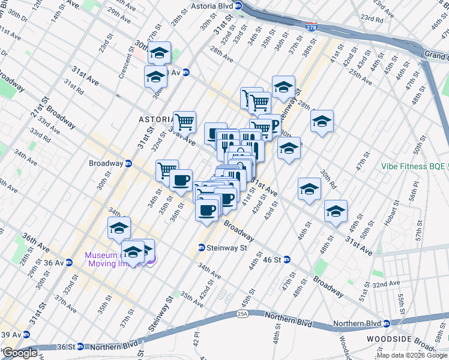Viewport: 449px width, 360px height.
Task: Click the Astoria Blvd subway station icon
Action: [x=238, y=6]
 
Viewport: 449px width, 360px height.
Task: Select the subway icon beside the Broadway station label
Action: [x=128, y=163]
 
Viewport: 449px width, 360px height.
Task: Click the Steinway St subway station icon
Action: [x=203, y=247]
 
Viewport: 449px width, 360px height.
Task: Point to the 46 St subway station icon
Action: [x=287, y=259]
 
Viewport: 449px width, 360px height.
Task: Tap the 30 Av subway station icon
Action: [x=186, y=73]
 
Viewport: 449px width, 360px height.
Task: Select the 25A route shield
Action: [x=242, y=313]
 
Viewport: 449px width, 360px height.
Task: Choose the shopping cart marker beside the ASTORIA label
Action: [x=185, y=121]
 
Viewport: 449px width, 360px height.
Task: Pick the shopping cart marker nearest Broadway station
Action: [x=167, y=170]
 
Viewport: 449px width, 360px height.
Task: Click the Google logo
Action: [x=20, y=353]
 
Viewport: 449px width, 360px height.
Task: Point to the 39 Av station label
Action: [x=12, y=334]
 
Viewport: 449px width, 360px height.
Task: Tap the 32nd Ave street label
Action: [x=387, y=283]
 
